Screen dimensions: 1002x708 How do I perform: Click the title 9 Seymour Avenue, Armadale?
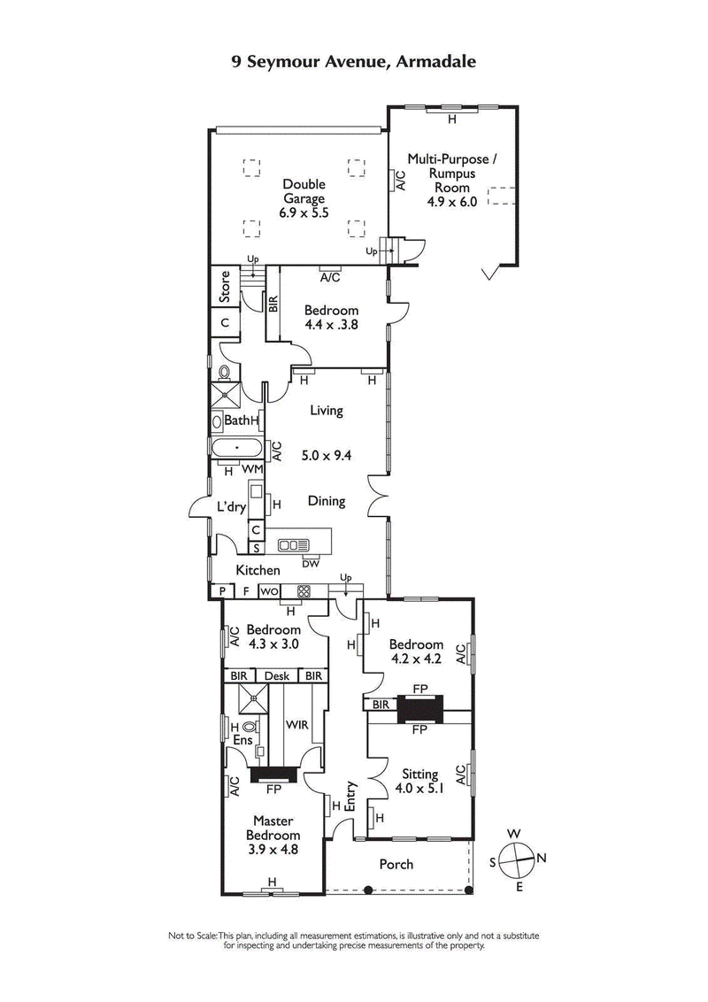pyautogui.click(x=354, y=62)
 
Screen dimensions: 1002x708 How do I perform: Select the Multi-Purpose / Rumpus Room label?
pyautogui.click(x=452, y=173)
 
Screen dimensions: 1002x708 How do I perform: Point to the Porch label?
pyautogui.click(x=396, y=864)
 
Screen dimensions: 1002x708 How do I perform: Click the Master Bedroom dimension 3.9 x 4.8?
pyautogui.click(x=273, y=849)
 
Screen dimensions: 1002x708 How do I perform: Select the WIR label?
pyautogui.click(x=295, y=723)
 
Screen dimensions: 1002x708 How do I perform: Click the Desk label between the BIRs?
pyautogui.click(x=276, y=675)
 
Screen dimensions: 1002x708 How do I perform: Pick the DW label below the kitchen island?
pyautogui.click(x=310, y=563)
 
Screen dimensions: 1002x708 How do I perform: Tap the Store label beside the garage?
pyautogui.click(x=225, y=287)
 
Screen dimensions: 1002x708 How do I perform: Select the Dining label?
pyautogui.click(x=326, y=501)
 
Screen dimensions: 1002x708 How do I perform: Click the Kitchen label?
pyautogui.click(x=258, y=571)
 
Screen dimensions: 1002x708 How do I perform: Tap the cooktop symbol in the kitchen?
pyautogui.click(x=304, y=591)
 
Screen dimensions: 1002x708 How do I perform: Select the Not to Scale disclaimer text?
pyautogui.click(x=354, y=940)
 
